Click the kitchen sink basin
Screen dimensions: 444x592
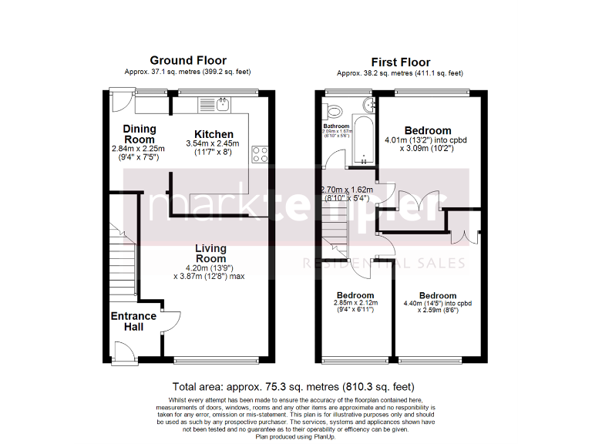pyautogui.click(x=223, y=103)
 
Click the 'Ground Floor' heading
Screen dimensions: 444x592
pyautogui.click(x=188, y=60)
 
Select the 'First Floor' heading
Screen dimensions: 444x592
pyautogui.click(x=400, y=62)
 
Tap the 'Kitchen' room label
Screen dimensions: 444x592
pyautogui.click(x=214, y=134)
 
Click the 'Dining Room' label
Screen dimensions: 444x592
pyautogui.click(x=139, y=134)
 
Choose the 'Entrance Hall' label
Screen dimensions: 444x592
pyautogui.click(x=133, y=321)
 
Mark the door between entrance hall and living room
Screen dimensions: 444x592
pyautogui.click(x=171, y=321)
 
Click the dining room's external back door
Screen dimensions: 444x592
pyautogui.click(x=119, y=100)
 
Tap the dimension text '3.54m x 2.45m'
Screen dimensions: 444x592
pyautogui.click(x=213, y=144)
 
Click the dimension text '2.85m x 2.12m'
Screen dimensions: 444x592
pyautogui.click(x=355, y=304)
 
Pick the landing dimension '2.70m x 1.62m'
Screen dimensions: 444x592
pyautogui.click(x=347, y=189)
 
